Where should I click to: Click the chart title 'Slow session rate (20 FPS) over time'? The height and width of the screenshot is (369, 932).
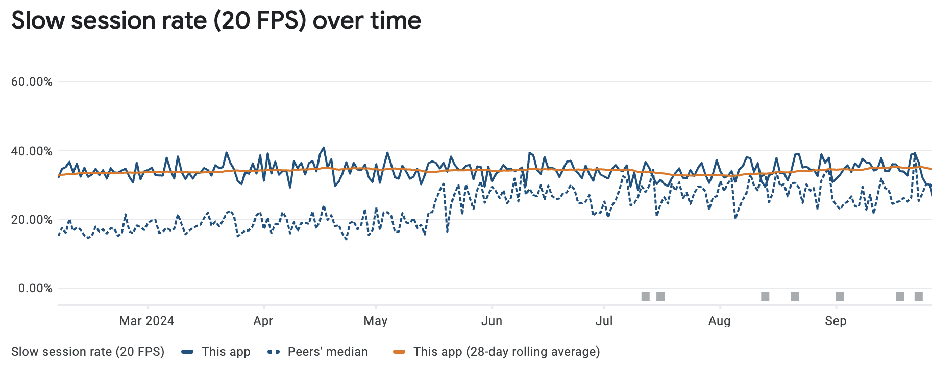click(x=216, y=21)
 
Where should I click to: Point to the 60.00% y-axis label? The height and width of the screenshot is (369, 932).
click(x=32, y=82)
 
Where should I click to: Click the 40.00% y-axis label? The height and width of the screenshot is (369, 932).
click(x=32, y=151)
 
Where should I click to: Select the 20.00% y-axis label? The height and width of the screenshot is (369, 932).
click(x=32, y=220)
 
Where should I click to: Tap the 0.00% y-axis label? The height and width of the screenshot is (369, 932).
click(x=35, y=288)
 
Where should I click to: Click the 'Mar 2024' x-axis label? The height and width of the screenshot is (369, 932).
click(x=146, y=321)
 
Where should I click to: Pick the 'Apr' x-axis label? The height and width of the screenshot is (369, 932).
click(x=263, y=321)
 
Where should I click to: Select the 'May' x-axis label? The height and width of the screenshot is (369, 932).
click(x=376, y=321)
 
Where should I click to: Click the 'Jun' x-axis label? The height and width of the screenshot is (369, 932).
click(x=492, y=321)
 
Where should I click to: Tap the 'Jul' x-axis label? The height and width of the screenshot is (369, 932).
click(x=604, y=321)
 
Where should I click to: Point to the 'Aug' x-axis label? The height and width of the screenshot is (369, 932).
click(x=719, y=321)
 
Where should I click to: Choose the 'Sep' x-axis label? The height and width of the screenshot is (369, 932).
click(x=836, y=321)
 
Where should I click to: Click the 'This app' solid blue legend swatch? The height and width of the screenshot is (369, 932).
click(x=188, y=352)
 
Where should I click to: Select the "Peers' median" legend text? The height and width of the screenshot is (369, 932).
click(x=328, y=352)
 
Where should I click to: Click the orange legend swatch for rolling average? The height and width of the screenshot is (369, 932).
click(x=399, y=352)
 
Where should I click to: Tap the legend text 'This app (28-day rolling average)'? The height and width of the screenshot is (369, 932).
click(x=506, y=352)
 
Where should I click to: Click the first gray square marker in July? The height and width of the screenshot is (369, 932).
click(x=646, y=296)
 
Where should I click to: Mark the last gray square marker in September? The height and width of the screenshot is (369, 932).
click(x=919, y=296)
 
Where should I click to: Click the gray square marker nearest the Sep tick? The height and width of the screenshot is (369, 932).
click(x=840, y=296)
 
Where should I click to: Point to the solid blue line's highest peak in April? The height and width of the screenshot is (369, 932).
click(x=324, y=148)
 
